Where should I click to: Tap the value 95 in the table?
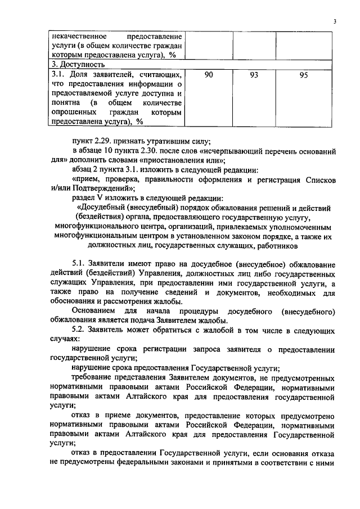[x=304, y=75]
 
